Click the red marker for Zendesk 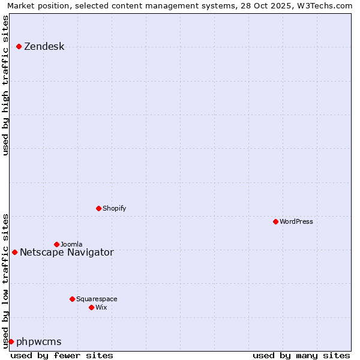(x=19, y=47)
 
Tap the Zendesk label (x=44, y=47)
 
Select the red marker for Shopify (x=99, y=209)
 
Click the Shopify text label (x=114, y=209)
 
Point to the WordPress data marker (x=276, y=222)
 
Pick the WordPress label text (x=296, y=222)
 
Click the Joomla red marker (x=57, y=245)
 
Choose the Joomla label (x=71, y=245)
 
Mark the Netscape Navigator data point (x=15, y=253)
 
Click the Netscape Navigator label (x=67, y=253)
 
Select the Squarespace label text (x=97, y=299)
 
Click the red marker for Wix (x=92, y=308)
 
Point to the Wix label (x=101, y=308)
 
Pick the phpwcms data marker (x=11, y=342)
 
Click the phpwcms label (x=39, y=342)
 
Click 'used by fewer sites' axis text (x=62, y=356)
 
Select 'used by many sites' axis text (x=301, y=356)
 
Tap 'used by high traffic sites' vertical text (x=6, y=85)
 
